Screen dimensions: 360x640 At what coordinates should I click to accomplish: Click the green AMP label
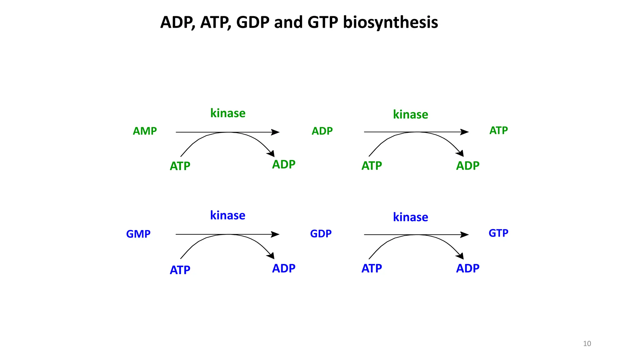coord(145,131)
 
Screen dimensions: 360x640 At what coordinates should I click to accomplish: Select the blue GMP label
coord(138,234)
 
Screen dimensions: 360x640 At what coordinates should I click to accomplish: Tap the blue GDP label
coord(321,233)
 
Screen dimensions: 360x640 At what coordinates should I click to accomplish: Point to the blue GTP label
coord(498,233)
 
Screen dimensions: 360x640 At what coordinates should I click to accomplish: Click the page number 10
coord(587,343)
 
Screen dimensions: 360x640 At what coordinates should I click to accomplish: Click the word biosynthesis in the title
coord(390,22)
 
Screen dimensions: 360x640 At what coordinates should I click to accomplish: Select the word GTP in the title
coord(323,22)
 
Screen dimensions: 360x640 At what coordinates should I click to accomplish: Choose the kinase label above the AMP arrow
coord(228,113)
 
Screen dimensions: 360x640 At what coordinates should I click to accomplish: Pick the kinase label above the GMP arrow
coord(227,215)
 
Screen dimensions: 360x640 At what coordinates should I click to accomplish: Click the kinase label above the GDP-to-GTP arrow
coord(410,217)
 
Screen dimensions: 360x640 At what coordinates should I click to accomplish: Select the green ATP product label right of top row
coord(498,130)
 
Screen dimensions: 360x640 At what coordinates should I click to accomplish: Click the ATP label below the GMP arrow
coord(180,270)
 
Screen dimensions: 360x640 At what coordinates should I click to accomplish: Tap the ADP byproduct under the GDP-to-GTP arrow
coord(467,268)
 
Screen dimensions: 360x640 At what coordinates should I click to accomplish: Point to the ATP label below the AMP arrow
coord(180,166)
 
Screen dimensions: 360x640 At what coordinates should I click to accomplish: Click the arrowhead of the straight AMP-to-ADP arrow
coord(275,132)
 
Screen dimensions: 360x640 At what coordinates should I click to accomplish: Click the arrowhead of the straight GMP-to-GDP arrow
coord(275,234)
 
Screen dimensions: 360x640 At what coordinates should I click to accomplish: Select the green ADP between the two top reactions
coord(322,131)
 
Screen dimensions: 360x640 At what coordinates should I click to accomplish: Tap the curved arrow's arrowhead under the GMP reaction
coord(271,256)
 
